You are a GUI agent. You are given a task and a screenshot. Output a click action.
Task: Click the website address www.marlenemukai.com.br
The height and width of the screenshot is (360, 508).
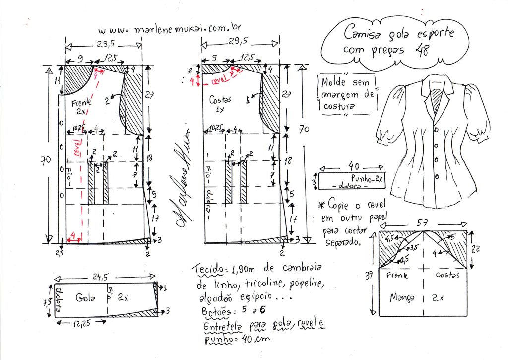tap(177, 29)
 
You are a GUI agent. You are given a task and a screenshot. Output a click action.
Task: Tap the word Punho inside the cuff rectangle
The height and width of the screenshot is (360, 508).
tap(361, 177)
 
